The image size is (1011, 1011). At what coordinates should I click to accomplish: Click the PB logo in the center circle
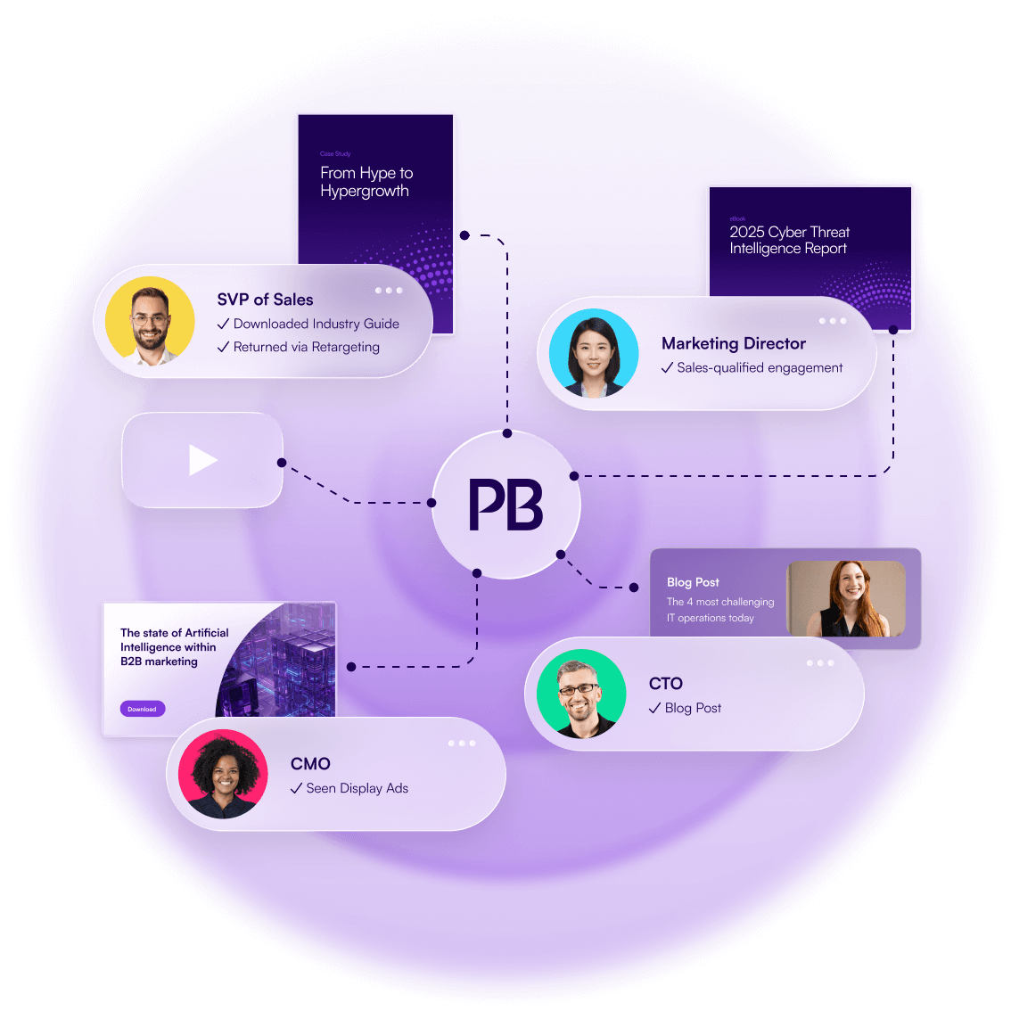click(505, 505)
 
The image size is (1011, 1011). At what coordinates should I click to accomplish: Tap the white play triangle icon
click(202, 460)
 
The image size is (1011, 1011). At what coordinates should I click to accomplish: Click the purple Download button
click(142, 709)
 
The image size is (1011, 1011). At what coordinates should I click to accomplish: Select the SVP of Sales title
click(265, 300)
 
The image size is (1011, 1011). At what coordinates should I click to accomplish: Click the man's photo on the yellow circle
click(150, 321)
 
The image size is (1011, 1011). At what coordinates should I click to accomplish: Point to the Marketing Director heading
click(733, 343)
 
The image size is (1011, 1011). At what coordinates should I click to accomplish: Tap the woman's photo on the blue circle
click(594, 353)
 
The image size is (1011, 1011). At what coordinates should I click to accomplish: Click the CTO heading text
click(665, 684)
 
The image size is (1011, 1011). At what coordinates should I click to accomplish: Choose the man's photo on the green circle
click(581, 694)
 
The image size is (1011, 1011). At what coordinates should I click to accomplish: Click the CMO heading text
click(310, 764)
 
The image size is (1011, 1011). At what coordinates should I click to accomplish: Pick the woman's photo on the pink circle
click(223, 774)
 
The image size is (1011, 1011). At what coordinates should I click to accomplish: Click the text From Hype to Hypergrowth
click(366, 182)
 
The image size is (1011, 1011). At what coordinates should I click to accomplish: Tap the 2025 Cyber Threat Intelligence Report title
click(789, 240)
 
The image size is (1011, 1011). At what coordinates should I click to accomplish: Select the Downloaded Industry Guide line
click(316, 324)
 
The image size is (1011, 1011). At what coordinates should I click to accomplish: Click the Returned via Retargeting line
click(306, 347)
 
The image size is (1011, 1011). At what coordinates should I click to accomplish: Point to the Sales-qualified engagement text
click(759, 367)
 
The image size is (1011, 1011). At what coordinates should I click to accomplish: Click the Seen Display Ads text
click(357, 788)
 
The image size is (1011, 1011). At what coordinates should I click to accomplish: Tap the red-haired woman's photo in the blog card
click(847, 598)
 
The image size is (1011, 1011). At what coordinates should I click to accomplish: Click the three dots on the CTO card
click(820, 663)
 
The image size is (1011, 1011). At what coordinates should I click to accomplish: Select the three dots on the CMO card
click(462, 744)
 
